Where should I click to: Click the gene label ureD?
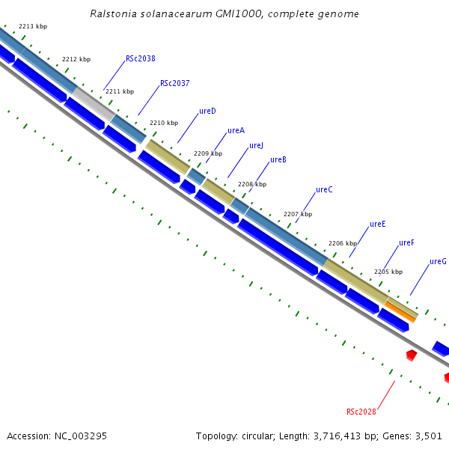(207, 112)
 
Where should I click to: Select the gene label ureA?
(236, 131)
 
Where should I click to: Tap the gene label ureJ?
(256, 146)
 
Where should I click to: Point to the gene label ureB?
(278, 160)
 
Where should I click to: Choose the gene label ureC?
(324, 190)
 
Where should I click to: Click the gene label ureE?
(378, 224)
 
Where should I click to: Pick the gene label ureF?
(406, 243)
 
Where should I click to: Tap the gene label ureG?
(438, 262)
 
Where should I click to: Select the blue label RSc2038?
(141, 59)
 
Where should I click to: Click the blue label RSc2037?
(174, 84)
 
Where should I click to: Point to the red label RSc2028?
(361, 412)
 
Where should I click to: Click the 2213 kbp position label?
(33, 26)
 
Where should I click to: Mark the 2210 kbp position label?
(164, 123)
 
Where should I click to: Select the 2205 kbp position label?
(388, 272)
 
